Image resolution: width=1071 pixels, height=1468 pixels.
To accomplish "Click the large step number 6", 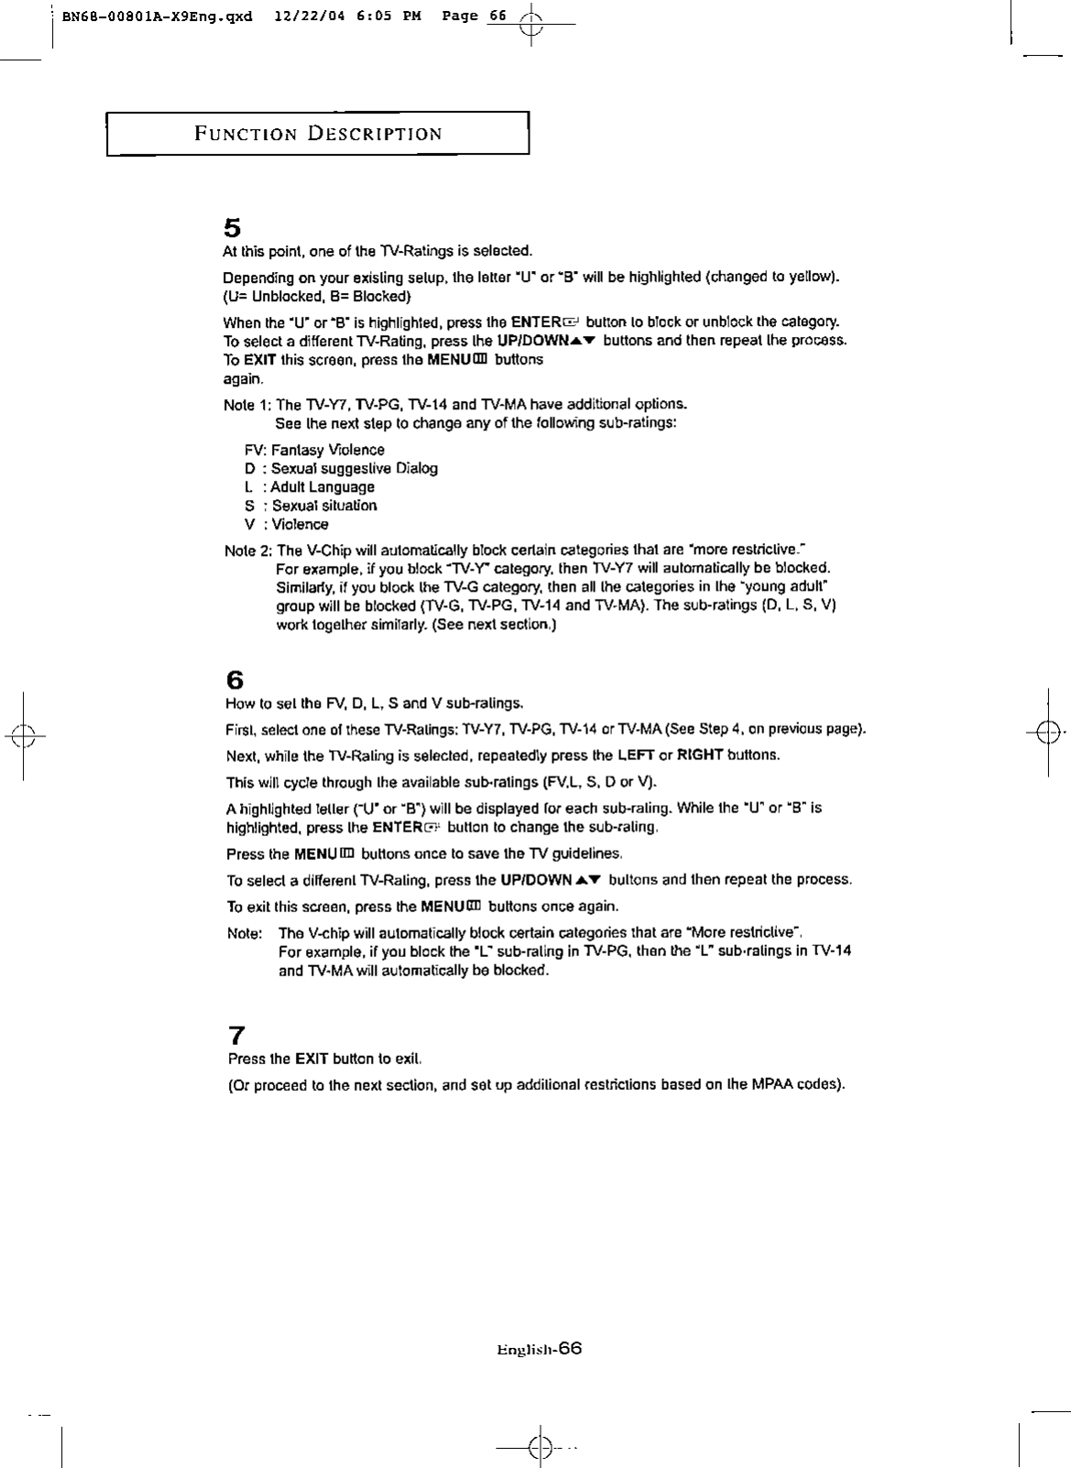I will coord(235,681).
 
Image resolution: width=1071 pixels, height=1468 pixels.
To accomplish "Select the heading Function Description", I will coord(318,134).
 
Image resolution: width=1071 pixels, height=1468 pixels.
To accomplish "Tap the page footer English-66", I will coord(539,1349).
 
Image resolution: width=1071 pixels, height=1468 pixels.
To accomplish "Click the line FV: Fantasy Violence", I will coord(314,450).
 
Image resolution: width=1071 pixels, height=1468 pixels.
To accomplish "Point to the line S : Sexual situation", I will coord(311,506).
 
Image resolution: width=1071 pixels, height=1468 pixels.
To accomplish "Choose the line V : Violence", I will coord(286,525).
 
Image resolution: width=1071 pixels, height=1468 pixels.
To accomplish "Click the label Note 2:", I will coord(248,550).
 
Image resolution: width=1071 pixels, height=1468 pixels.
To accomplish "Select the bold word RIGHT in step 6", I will coord(700,756).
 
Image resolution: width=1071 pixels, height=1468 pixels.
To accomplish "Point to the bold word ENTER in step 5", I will coord(535,322).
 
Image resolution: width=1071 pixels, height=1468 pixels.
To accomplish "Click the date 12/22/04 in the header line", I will coord(305,16).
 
